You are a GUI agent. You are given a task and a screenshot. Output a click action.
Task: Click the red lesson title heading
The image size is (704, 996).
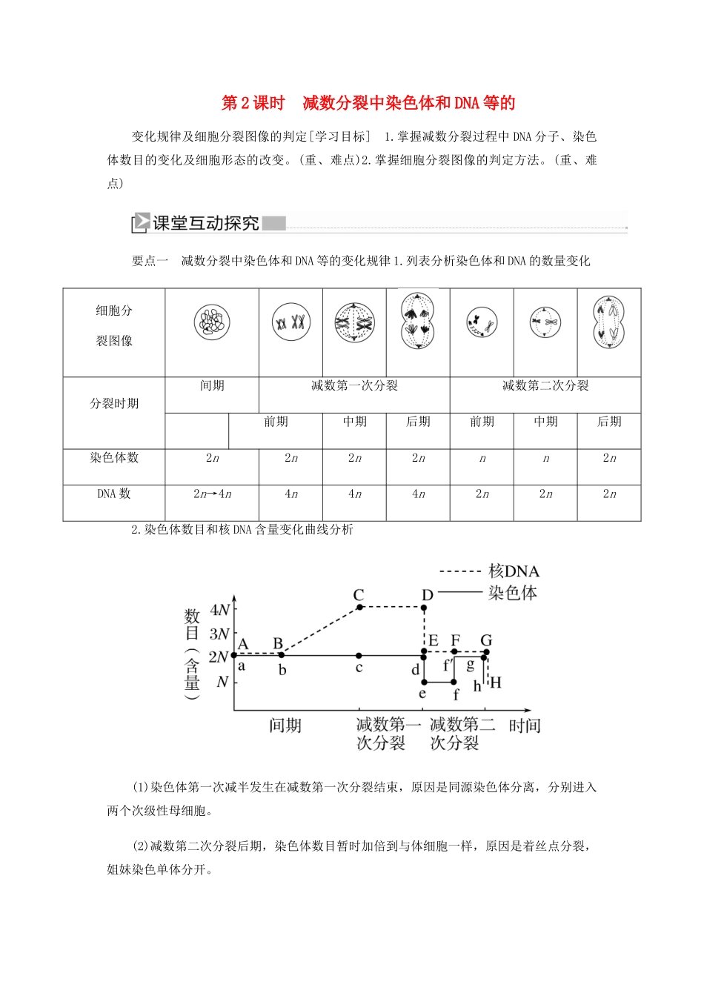point(369,103)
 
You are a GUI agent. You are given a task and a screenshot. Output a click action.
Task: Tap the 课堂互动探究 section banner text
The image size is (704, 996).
point(205,223)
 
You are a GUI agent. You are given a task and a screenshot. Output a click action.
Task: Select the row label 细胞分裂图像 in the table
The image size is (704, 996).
point(114,325)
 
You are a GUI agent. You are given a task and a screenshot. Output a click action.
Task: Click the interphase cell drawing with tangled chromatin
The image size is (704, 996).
point(212,324)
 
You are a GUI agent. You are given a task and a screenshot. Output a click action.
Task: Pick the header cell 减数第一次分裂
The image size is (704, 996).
point(354,385)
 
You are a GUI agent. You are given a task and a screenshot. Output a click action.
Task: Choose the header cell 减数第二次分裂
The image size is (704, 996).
point(545,385)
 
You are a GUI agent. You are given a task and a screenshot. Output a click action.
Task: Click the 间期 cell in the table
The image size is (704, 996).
point(212,385)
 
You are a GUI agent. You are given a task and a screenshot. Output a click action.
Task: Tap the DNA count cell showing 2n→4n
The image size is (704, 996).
point(212,494)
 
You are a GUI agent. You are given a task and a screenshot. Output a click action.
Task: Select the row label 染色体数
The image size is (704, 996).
point(114,458)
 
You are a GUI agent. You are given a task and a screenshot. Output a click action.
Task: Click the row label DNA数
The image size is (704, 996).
point(114,494)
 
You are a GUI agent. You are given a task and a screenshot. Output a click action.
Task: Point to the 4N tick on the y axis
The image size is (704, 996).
point(220,610)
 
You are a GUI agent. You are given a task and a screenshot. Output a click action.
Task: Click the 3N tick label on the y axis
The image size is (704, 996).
point(219,634)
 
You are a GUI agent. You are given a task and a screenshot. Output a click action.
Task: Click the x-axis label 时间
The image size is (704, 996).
point(525,726)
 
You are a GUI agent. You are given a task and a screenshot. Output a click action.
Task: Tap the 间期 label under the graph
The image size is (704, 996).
point(285,726)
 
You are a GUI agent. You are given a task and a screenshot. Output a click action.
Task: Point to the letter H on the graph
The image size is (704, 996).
point(496,683)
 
